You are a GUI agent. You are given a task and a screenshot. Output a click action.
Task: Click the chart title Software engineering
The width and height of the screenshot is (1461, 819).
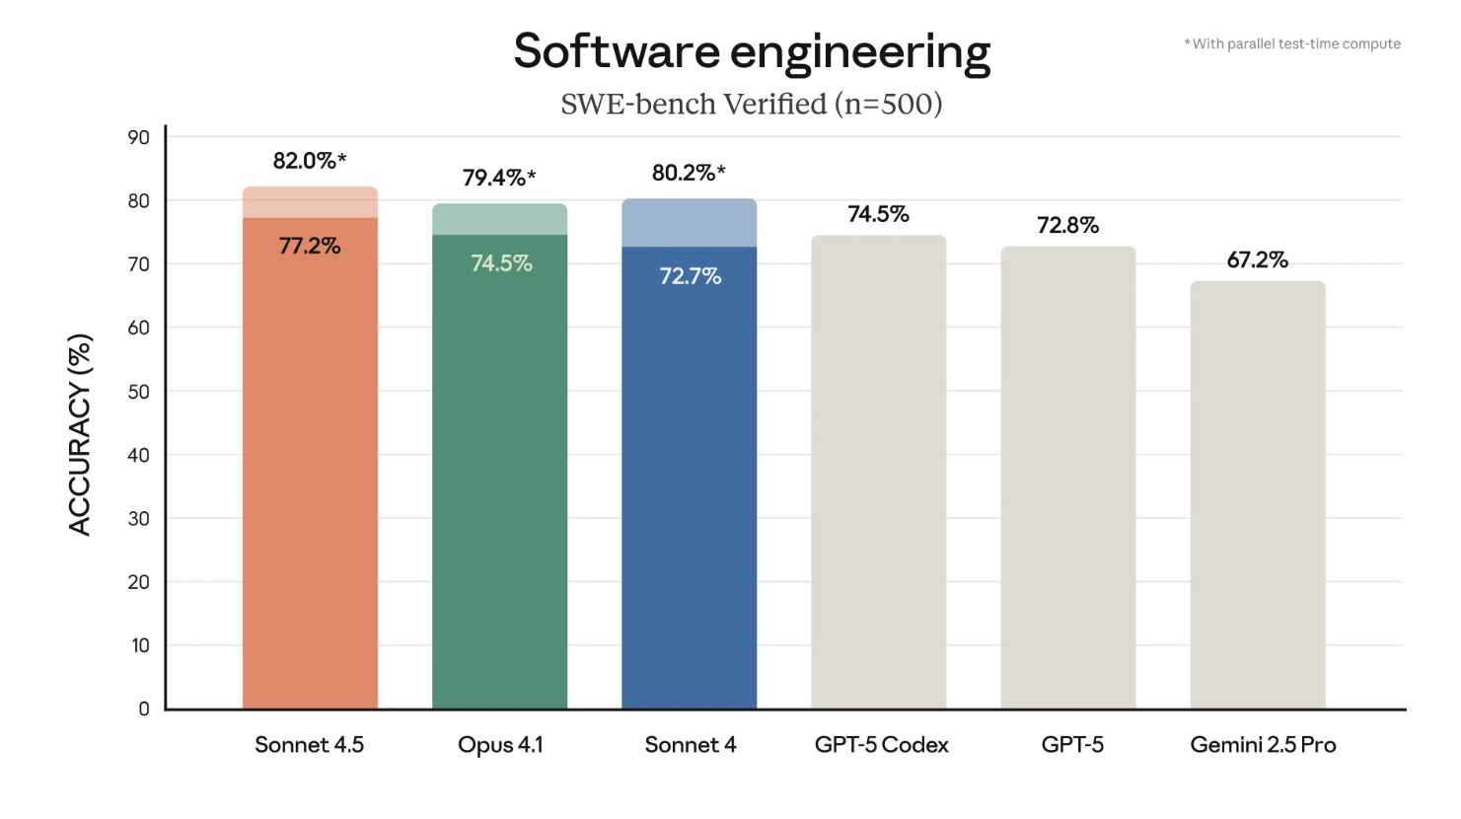752,51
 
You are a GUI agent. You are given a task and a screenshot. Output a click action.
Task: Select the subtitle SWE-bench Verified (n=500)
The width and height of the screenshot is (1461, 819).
752,104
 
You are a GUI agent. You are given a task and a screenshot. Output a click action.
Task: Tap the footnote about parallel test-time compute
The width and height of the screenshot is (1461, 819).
1292,43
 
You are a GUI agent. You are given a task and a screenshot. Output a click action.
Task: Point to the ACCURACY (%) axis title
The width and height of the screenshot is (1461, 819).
80,434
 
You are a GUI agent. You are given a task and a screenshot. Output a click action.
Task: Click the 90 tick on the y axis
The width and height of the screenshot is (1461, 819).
138,137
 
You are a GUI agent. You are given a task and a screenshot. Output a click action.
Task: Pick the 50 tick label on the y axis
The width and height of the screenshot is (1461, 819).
138,391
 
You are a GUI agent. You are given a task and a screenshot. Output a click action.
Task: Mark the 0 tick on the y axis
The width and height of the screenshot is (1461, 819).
144,708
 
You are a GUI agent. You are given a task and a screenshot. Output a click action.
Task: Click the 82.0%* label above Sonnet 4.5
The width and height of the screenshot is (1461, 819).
310,160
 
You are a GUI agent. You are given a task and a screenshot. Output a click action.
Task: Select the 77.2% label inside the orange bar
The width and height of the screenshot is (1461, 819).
310,246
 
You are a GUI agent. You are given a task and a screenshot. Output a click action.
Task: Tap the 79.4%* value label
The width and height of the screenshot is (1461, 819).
499,178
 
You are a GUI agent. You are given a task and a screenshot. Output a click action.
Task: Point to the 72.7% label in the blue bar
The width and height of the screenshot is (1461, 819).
690,276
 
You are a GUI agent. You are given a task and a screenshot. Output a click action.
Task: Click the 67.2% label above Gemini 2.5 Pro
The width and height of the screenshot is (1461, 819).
1258,260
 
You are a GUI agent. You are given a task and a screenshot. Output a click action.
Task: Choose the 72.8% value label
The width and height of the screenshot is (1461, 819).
1067,225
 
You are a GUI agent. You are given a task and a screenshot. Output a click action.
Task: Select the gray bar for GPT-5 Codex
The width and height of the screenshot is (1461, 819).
878,474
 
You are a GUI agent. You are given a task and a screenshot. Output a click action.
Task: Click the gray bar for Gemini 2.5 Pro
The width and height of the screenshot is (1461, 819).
1258,493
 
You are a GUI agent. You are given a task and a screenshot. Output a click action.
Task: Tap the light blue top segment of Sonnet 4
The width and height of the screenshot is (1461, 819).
690,223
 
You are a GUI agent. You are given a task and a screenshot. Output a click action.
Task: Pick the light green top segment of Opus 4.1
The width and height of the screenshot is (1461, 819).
499,219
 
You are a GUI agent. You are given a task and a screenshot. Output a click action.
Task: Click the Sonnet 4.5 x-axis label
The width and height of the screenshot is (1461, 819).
309,745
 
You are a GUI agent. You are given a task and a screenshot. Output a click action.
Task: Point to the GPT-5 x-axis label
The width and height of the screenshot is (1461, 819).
1072,745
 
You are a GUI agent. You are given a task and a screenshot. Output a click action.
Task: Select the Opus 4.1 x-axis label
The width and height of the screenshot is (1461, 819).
500,745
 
